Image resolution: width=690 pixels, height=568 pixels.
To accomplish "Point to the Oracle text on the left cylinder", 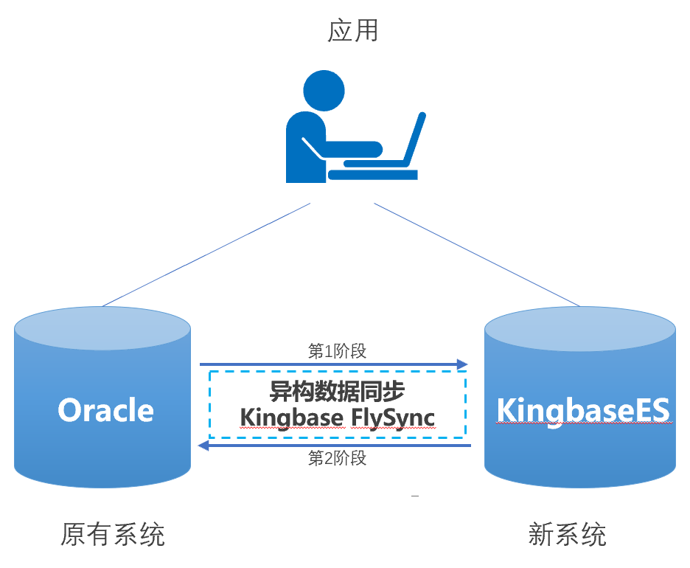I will click(x=106, y=410).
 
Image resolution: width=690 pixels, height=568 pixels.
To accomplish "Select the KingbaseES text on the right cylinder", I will click(x=583, y=410).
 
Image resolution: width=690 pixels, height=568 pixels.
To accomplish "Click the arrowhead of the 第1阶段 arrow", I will click(x=463, y=364).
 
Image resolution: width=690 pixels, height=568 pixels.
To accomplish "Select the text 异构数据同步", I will click(x=337, y=392).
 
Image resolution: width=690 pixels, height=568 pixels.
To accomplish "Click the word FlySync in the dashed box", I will click(x=393, y=418).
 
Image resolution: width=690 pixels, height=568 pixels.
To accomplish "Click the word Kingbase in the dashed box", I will click(x=291, y=418).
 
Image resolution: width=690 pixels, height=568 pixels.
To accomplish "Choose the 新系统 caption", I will click(x=568, y=533).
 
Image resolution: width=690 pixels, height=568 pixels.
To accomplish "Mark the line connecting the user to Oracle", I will click(x=206, y=254).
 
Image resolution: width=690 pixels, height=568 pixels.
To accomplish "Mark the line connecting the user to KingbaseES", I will click(x=475, y=254).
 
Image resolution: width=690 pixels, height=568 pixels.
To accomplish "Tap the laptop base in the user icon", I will click(x=373, y=175).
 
